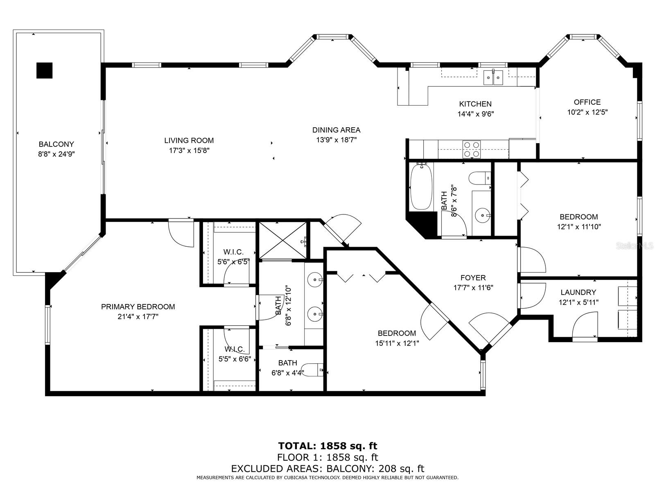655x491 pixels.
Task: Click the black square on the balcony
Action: [x=45, y=70]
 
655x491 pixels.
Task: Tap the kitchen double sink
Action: [x=493, y=77]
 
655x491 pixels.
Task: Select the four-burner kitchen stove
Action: [x=472, y=149]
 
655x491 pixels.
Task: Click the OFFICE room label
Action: [x=587, y=102]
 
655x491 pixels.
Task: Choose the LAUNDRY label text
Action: [x=578, y=292]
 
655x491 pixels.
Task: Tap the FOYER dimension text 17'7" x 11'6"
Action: [x=473, y=288]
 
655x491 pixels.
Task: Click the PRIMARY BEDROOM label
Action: [x=138, y=306]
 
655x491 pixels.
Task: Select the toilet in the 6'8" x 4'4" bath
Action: [x=312, y=370]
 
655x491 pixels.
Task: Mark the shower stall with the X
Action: [x=282, y=240]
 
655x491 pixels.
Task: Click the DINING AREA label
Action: [x=337, y=130]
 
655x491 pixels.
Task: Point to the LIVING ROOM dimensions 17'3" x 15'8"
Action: [x=189, y=150]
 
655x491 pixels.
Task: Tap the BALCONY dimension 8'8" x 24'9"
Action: [x=56, y=154]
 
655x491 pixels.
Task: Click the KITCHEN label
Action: [x=475, y=104]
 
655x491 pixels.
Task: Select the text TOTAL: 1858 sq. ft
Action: [x=327, y=446]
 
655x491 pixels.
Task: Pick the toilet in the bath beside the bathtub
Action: [x=479, y=178]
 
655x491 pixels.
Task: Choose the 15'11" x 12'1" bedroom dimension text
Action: [x=397, y=343]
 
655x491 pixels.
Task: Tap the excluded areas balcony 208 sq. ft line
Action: [x=327, y=469]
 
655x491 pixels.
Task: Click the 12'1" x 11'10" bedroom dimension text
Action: [x=579, y=227]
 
